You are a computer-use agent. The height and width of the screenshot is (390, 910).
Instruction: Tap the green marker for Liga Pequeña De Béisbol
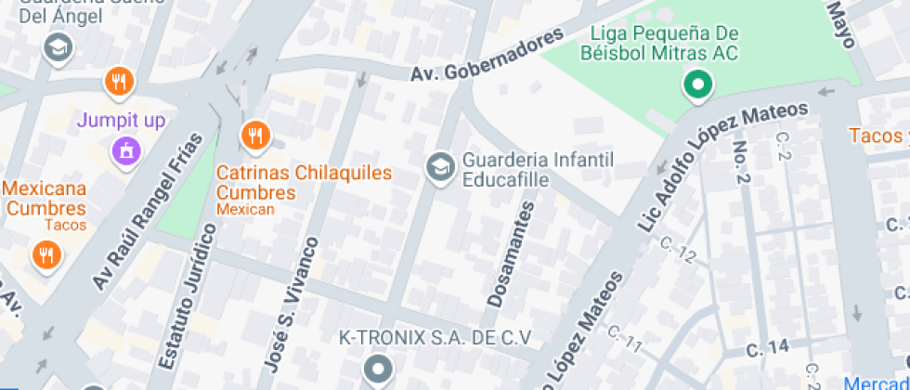pyautogui.click(x=696, y=86)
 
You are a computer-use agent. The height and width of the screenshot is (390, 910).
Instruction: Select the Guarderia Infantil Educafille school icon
pyautogui.click(x=438, y=168)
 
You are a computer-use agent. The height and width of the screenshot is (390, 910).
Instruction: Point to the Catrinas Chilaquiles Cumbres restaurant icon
pyautogui.click(x=254, y=136)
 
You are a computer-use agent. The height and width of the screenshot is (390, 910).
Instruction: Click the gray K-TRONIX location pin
pyautogui.click(x=377, y=370)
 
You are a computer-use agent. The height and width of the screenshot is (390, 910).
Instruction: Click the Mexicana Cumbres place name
pyautogui.click(x=44, y=198)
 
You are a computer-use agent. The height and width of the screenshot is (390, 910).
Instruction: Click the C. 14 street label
pyautogui.click(x=768, y=347)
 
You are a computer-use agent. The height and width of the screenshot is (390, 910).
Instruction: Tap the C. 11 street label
pyautogui.click(x=625, y=339)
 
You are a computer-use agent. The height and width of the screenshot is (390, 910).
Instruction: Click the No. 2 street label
pyautogui.click(x=742, y=164)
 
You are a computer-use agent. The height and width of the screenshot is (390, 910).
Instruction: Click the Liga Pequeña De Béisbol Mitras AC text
pyautogui.click(x=659, y=44)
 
